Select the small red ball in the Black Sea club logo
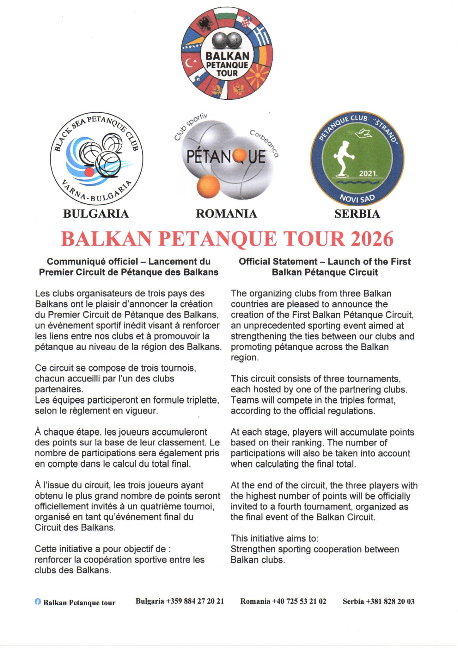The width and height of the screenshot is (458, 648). [89, 172]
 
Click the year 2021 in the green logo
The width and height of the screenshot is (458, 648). [368, 174]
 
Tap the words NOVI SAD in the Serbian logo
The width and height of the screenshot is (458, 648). [357, 198]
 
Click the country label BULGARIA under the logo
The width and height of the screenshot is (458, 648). [96, 214]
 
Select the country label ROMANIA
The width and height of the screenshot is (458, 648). [227, 214]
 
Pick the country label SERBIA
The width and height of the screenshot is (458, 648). [357, 214]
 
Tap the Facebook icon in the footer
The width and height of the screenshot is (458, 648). [38, 602]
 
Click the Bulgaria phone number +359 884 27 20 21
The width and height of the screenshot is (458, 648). [195, 601]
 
